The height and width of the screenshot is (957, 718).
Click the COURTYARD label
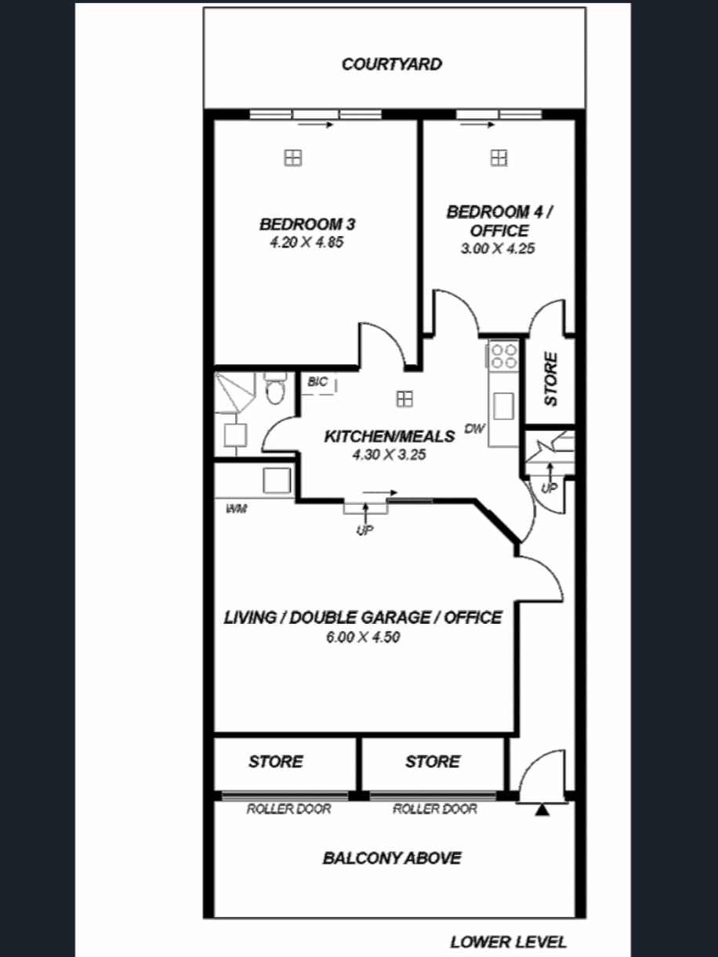click(391, 64)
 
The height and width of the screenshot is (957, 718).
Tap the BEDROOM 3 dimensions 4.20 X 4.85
click(306, 242)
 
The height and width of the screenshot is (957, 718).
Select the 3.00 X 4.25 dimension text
click(498, 248)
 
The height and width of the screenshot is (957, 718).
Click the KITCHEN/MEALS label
click(390, 437)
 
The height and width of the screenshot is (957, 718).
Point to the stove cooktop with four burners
click(504, 356)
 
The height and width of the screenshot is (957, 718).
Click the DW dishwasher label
click(475, 429)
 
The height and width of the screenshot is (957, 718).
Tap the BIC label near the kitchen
click(317, 382)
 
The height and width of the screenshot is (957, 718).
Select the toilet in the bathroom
click(274, 388)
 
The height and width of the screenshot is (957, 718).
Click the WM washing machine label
click(237, 509)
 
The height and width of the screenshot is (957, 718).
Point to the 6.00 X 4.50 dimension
click(363, 637)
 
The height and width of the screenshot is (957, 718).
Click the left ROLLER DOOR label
click(288, 809)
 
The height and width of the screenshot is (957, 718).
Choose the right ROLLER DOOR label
click(434, 809)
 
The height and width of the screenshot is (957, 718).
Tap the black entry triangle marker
click(542, 810)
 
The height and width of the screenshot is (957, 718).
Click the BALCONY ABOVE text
click(391, 858)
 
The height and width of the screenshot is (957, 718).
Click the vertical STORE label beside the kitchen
click(550, 379)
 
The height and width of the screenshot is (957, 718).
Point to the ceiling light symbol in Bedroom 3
click(293, 158)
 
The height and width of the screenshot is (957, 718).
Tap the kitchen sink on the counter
click(503, 406)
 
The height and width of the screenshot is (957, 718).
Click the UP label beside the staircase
click(549, 489)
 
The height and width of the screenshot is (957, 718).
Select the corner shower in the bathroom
click(234, 393)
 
